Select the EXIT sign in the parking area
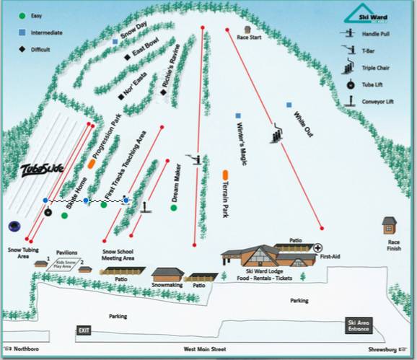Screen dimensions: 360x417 point(84,330)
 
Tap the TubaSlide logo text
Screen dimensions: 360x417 point(43,169)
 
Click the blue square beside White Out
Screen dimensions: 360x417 point(289,105)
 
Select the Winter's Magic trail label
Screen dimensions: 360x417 point(242,143)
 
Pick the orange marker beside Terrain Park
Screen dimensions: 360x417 point(227,175)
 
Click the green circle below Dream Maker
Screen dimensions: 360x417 point(174,208)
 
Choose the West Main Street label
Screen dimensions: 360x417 point(204,349)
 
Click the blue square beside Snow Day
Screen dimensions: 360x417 point(115,42)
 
